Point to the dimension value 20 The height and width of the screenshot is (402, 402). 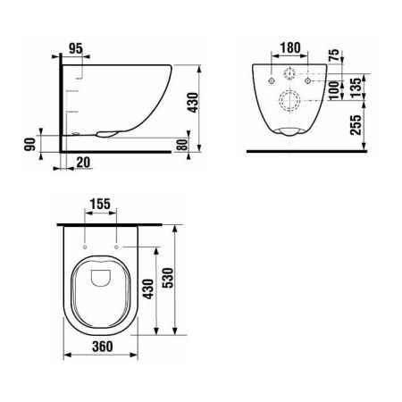[x=82, y=162]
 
